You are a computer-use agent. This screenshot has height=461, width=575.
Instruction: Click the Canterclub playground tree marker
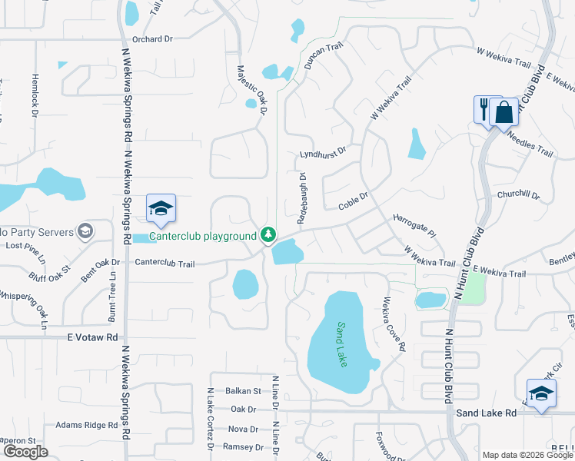pyautogui.click(x=268, y=234)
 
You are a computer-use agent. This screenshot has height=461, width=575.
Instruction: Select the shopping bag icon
pyautogui.click(x=504, y=114)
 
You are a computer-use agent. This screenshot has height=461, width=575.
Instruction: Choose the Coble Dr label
pyautogui.click(x=354, y=202)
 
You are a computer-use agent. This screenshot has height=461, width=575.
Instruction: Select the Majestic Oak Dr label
pyautogui.click(x=251, y=90)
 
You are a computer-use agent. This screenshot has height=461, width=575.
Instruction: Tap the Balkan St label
pyautogui.click(x=228, y=391)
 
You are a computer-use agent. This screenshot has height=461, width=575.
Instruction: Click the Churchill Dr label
pyautogui.click(x=518, y=195)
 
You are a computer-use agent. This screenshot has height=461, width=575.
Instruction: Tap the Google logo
pyautogui.click(x=25, y=452)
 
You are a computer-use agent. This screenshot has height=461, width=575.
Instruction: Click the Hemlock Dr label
pyautogui.click(x=35, y=95)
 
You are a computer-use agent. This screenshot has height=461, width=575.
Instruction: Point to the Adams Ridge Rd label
pyautogui.click(x=85, y=424)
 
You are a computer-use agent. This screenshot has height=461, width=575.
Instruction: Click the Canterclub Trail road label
pyautogui.click(x=165, y=263)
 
